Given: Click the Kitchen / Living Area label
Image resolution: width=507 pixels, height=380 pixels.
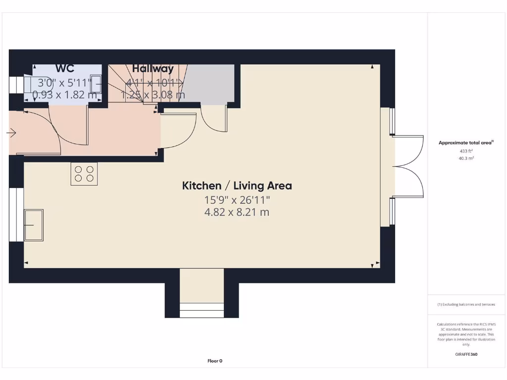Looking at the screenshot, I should click(x=237, y=186).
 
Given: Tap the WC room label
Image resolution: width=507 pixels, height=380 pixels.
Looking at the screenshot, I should click(x=65, y=69).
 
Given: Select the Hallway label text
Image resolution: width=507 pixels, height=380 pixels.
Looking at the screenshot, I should click(x=153, y=69).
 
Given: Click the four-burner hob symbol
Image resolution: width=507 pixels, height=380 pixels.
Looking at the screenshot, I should click(x=84, y=174).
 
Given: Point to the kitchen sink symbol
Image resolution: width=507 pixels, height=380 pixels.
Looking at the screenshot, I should click(x=34, y=225).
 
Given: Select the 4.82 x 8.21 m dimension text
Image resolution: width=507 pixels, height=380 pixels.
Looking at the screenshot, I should click(x=237, y=212).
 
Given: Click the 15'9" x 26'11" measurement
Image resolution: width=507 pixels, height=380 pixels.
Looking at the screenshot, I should click(x=237, y=200).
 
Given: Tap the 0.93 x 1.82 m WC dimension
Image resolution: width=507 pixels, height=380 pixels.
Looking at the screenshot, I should click(x=65, y=95).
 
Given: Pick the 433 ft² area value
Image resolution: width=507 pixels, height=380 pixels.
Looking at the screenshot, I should click(x=466, y=151).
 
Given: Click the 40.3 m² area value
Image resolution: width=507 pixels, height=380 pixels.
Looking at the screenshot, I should click(x=466, y=158).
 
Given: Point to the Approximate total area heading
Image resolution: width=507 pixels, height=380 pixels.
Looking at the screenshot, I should click(x=466, y=142).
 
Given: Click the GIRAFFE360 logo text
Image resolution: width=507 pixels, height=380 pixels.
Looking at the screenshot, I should click(x=466, y=354).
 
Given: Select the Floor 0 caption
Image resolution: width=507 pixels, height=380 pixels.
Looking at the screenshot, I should click(x=215, y=361).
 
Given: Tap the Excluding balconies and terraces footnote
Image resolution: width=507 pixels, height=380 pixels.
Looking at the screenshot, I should click(x=466, y=305).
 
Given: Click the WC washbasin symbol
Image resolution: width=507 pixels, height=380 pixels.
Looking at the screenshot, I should click(x=96, y=84).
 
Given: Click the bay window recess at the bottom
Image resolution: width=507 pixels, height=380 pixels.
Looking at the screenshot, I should click(x=202, y=292).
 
